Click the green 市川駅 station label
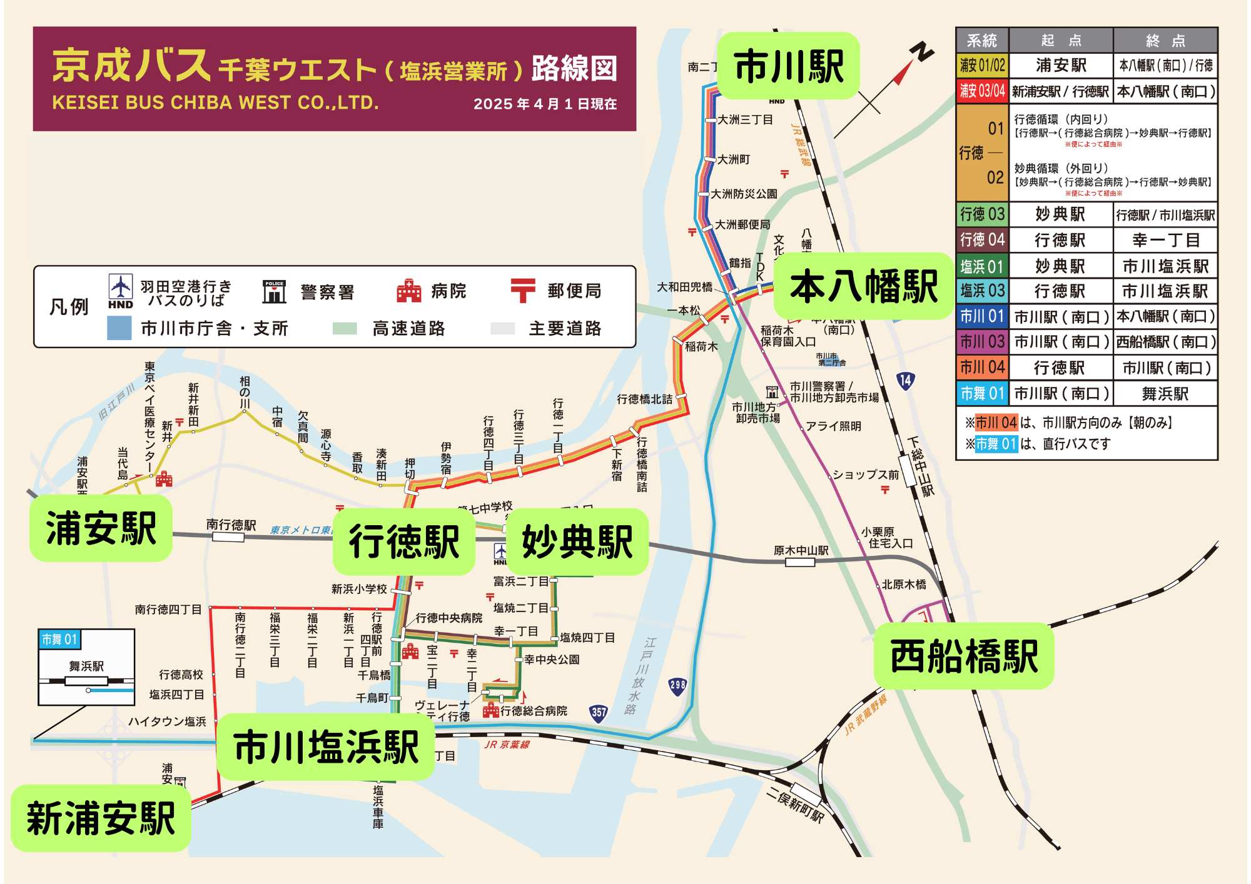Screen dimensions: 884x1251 pyautogui.click(x=788, y=66)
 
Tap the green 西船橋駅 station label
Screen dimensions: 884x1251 pyautogui.click(x=963, y=656)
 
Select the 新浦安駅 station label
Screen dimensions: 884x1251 pyautogui.click(x=101, y=818)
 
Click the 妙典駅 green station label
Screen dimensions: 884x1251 pyautogui.click(x=577, y=541)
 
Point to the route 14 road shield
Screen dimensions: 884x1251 pyautogui.click(x=905, y=380)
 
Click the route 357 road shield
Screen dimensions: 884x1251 pyautogui.click(x=599, y=712)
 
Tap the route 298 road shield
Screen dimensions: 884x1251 pyautogui.click(x=677, y=685)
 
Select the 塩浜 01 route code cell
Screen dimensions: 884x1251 pyautogui.click(x=982, y=266)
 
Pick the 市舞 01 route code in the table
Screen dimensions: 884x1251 pyautogui.click(x=982, y=393)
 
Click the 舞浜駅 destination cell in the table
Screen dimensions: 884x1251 pyautogui.click(x=1165, y=394)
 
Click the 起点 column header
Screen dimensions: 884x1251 pyautogui.click(x=1061, y=41)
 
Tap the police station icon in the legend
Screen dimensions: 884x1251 pyautogui.click(x=274, y=291)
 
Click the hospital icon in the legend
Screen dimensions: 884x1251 pyautogui.click(x=408, y=291)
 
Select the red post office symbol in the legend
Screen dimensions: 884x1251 pyautogui.click(x=523, y=291)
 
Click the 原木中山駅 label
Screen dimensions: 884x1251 pyautogui.click(x=801, y=550)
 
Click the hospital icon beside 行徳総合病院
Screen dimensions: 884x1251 pyautogui.click(x=491, y=710)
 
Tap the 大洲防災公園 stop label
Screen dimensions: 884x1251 pyautogui.click(x=744, y=194)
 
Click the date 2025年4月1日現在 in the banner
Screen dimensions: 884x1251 pyautogui.click(x=545, y=104)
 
